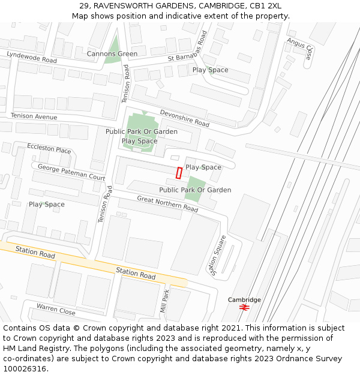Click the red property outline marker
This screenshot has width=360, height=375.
pyautogui.click(x=179, y=173)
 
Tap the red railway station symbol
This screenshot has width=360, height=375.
pyautogui.click(x=244, y=307)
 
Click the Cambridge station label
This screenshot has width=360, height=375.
pyautogui.click(x=244, y=299)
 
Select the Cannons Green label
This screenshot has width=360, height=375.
pyautogui.click(x=112, y=54)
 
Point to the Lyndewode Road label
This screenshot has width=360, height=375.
pyautogui.click(x=32, y=58)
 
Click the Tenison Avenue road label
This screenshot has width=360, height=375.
pyautogui.click(x=34, y=116)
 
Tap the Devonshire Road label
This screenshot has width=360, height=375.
pyautogui.click(x=184, y=118)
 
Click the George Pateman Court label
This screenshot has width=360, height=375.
pyautogui.click(x=71, y=172)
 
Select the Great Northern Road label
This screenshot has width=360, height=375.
pyautogui.click(x=167, y=204)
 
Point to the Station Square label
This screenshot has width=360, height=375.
pyautogui.click(x=218, y=256)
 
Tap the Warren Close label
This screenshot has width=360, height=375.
pyautogui.click(x=55, y=309)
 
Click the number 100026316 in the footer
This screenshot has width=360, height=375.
pyautogui.click(x=25, y=369)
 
